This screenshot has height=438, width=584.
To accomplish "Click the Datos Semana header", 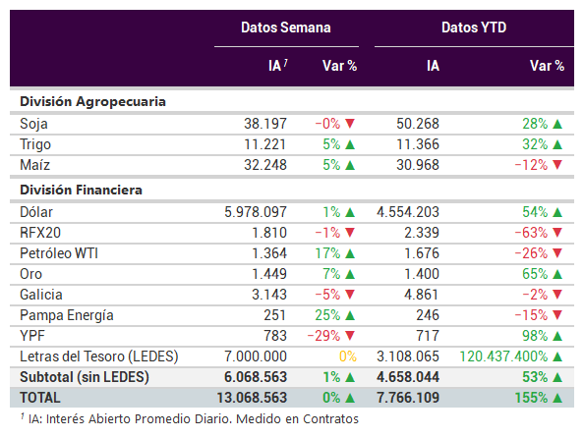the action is (286, 27).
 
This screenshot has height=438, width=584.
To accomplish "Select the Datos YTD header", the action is (474, 27).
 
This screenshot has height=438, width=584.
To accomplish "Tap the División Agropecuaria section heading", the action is (92, 101).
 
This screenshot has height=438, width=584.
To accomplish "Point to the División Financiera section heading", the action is (81, 190).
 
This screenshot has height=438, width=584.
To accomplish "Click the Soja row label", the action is (33, 124).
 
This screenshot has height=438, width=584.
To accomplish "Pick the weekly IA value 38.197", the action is (265, 124).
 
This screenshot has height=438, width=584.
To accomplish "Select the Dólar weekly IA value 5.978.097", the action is (256, 212).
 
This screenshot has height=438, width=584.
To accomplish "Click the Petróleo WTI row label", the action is (59, 253).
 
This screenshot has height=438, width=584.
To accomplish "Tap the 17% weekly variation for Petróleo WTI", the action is (327, 253).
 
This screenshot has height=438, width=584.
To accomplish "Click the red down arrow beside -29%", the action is (350, 336).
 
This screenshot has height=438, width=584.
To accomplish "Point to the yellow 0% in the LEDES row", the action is (348, 356).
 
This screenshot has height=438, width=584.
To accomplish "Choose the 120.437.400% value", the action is (503, 356).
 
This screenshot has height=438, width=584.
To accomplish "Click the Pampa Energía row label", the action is (67, 315).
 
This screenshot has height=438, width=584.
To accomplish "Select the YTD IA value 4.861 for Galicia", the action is (422, 295).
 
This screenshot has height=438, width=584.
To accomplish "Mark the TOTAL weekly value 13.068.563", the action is (252, 398).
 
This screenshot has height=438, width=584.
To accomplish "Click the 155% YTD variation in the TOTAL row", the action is (532, 398).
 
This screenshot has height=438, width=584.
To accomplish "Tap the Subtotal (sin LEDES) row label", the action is (85, 377).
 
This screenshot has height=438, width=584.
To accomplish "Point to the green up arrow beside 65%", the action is (557, 274).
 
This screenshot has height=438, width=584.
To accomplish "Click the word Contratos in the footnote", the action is (330, 419).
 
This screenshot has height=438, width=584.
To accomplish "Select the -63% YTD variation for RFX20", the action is (531, 233).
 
